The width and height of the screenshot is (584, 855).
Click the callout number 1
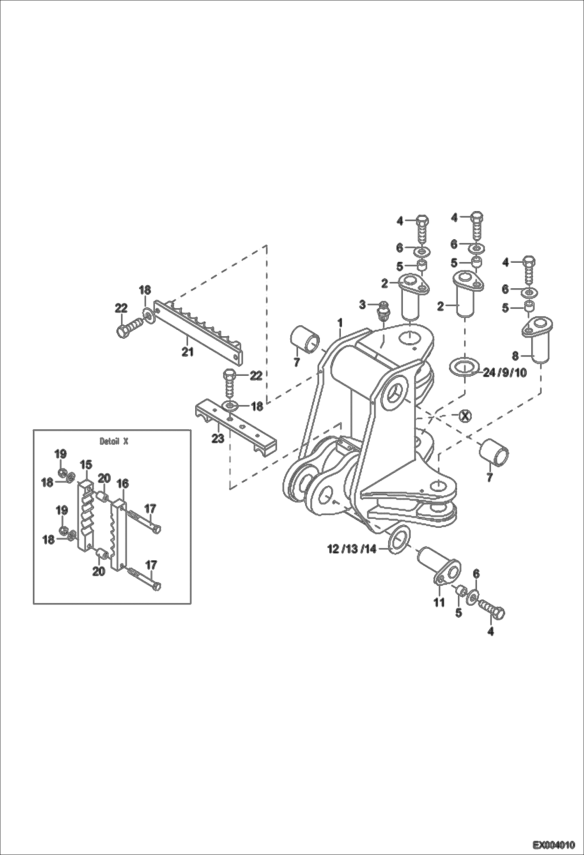point(340,323)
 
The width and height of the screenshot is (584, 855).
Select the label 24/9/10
point(504,373)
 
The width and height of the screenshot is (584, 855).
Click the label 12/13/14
point(352,549)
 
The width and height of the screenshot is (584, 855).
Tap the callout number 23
point(218,439)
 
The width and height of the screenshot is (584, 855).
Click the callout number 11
point(439,602)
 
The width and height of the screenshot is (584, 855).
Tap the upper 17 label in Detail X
point(150,509)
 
